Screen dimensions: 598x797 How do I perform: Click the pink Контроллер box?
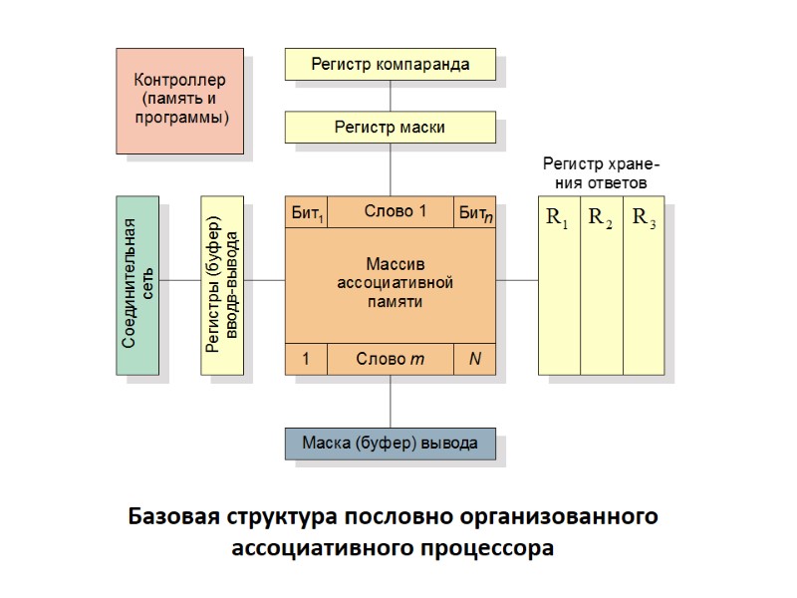(180, 100)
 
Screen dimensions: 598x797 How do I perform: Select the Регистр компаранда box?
(390, 65)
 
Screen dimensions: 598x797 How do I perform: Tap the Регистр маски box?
(390, 128)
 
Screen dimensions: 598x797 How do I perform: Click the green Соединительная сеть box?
(136, 284)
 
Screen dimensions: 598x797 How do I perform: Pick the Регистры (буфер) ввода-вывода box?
(221, 284)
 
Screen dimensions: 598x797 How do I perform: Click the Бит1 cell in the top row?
(306, 212)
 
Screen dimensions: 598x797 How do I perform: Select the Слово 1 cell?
(395, 211)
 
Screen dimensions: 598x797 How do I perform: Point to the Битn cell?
(475, 212)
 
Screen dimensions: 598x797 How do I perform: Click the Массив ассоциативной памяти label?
(395, 284)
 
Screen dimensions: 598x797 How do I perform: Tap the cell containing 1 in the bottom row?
(306, 359)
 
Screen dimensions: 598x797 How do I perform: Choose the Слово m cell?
(391, 359)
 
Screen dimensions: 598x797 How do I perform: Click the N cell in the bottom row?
(475, 359)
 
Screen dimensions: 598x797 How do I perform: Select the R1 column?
(558, 289)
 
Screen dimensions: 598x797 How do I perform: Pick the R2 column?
(601, 289)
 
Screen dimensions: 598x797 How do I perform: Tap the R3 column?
(644, 289)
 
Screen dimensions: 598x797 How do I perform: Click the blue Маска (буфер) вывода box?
(390, 443)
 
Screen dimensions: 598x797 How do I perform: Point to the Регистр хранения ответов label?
(601, 173)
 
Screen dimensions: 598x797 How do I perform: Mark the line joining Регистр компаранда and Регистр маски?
(390, 96)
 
